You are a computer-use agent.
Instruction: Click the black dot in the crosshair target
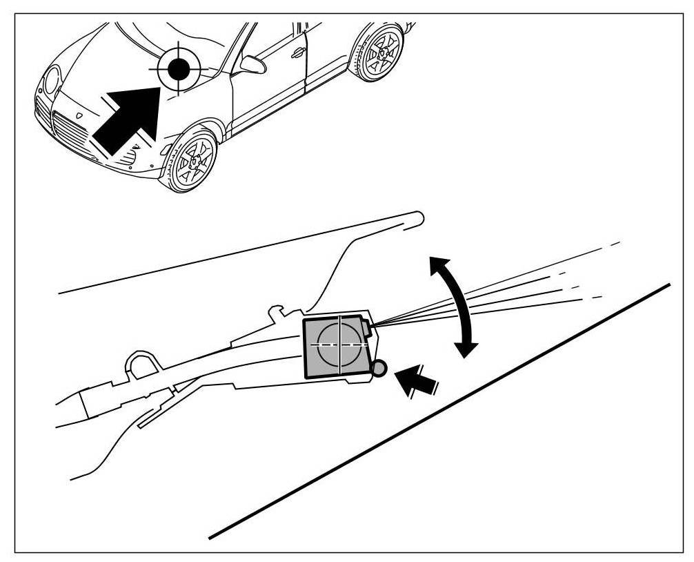[178, 68]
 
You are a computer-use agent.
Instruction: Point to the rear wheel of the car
[379, 52]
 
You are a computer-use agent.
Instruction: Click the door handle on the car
[297, 52]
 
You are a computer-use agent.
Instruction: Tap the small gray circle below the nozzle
[379, 369]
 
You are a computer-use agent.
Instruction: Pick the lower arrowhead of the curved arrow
[468, 348]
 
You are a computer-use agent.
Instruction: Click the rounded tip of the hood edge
[417, 219]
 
